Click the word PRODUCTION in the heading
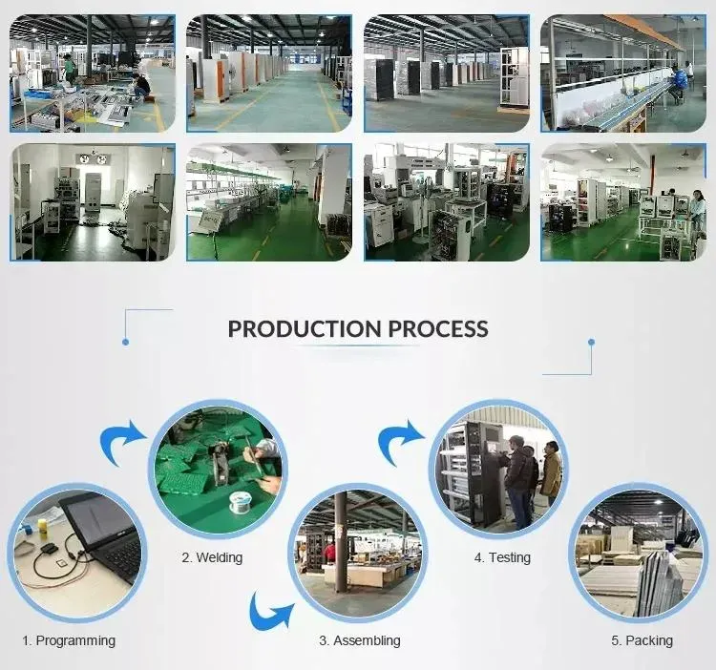[305, 328]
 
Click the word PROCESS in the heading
[438, 328]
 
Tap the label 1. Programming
[69, 640]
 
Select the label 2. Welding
[212, 557]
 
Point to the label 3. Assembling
[360, 640]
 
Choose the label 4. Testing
[502, 557]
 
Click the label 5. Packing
[642, 640]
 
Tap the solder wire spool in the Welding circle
[239, 502]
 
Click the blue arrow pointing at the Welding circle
[122, 441]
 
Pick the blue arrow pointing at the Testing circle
[401, 441]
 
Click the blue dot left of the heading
[126, 342]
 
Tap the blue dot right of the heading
[591, 342]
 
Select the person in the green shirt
[69, 69]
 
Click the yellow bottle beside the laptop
[43, 527]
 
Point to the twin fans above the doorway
[94, 158]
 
